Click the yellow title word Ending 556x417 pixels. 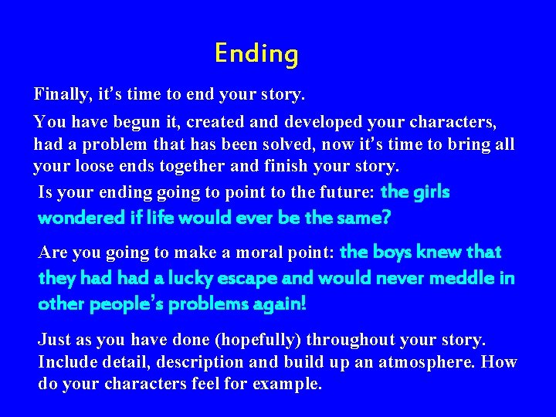click(x=256, y=54)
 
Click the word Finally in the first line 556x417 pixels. click(x=61, y=95)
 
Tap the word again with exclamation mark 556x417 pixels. click(x=277, y=304)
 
